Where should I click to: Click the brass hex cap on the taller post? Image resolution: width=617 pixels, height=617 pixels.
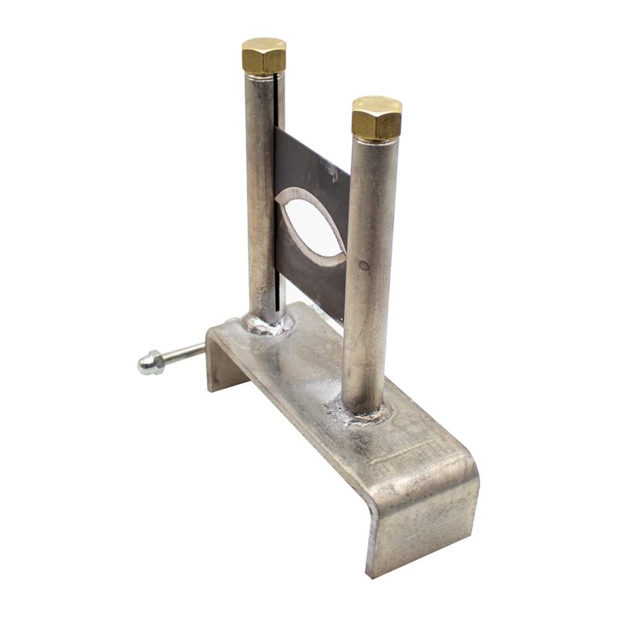pos(264,56)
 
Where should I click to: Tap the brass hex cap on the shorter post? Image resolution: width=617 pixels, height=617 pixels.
pos(376,119)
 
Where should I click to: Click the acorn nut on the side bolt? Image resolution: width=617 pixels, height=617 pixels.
pos(150,363)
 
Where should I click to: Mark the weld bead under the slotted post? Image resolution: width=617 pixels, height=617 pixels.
pos(266,324)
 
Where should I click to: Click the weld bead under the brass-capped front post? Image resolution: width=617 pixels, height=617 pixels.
pos(362,413)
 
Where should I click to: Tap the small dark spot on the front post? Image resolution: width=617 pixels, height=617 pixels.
pos(363,265)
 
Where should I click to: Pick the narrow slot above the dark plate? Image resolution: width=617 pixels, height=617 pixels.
pos(275,100)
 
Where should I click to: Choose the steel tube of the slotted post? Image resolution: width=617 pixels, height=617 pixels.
pos(259,193)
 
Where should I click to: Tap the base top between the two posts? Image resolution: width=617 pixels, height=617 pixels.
pos(308,362)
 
